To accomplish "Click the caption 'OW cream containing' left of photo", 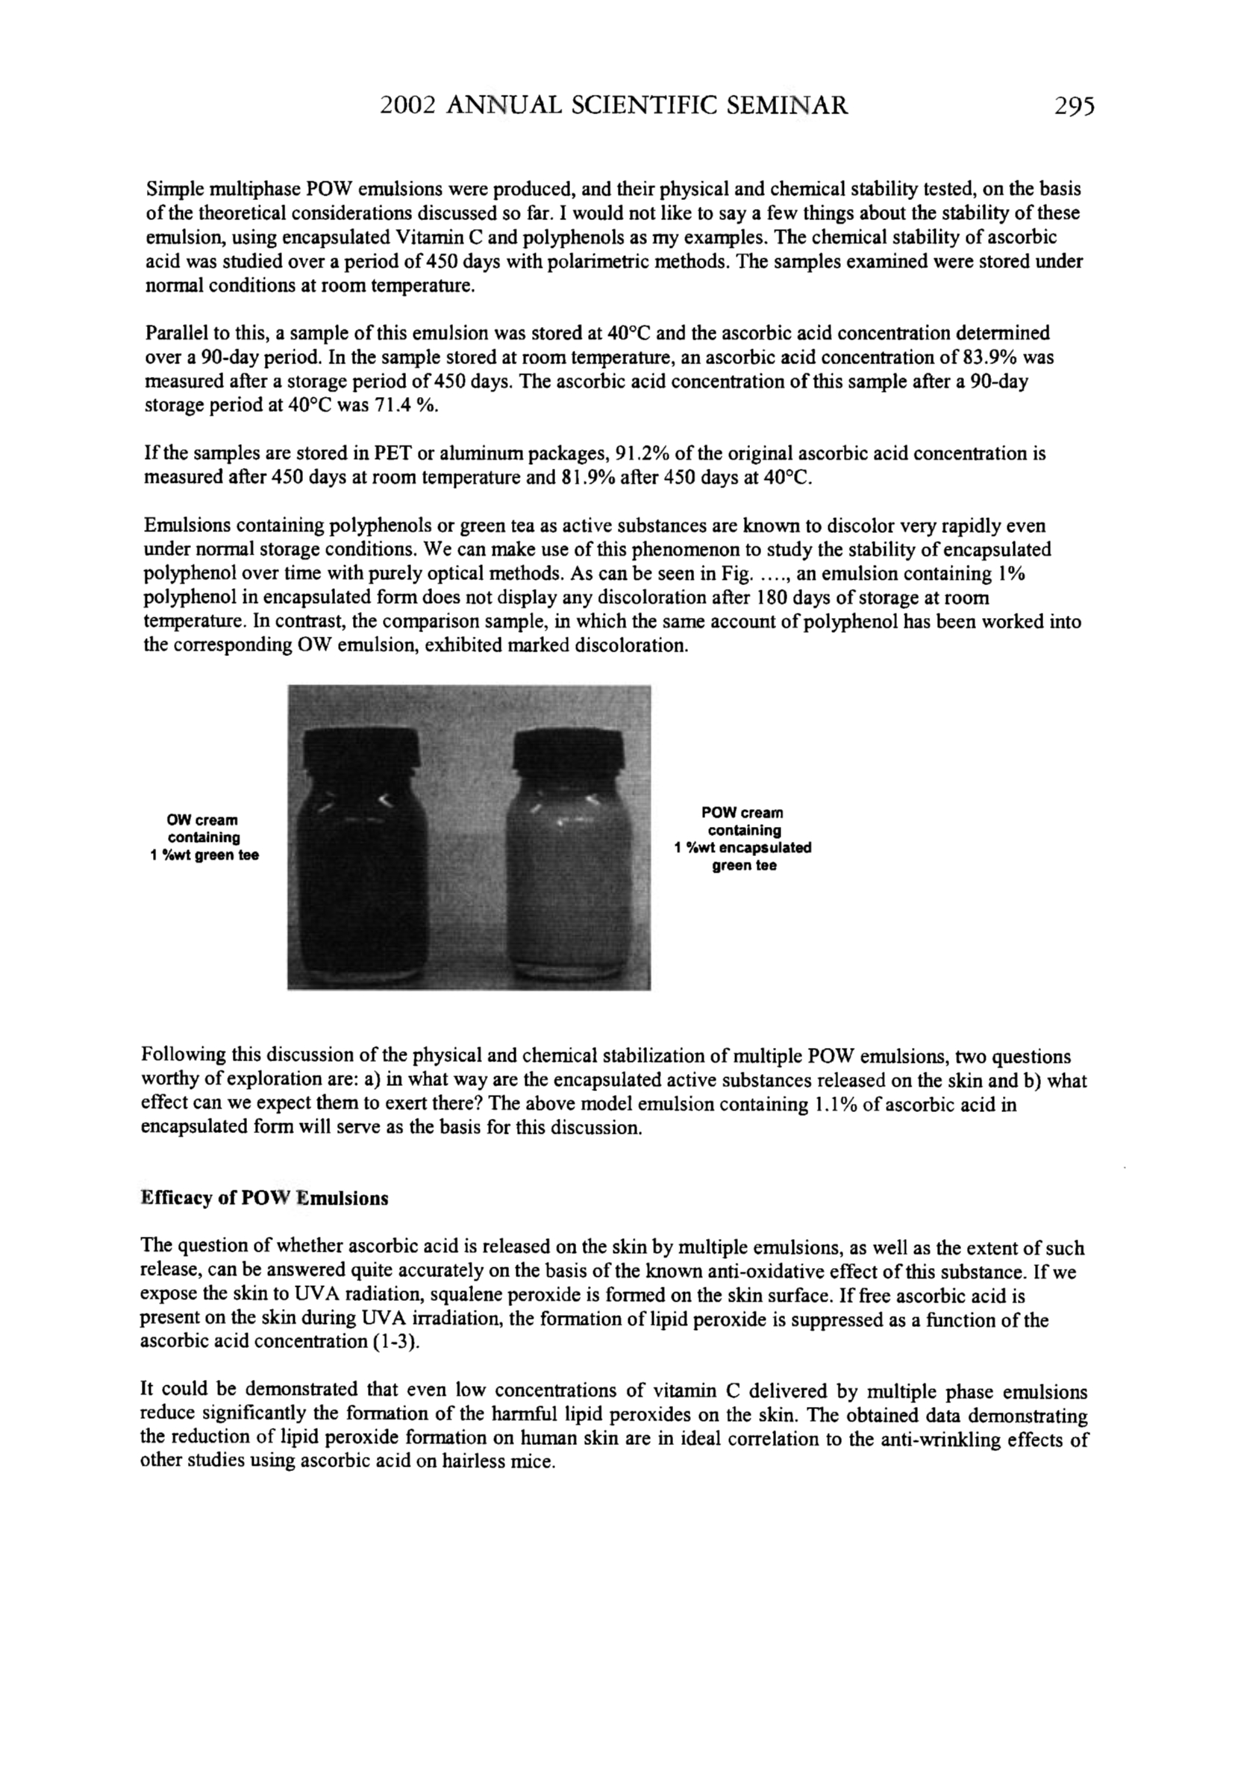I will click(204, 828).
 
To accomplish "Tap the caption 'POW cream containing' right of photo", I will click(742, 822).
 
